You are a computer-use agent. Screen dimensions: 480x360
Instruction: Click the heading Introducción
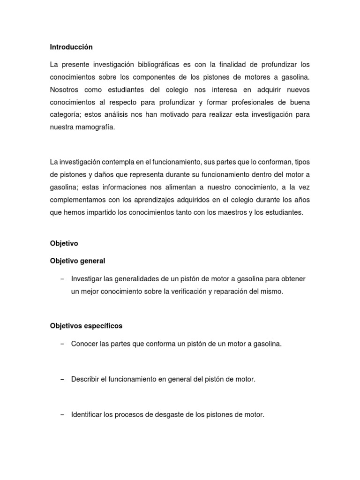tap(71, 47)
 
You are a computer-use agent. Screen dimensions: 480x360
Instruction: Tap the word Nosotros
tap(65, 89)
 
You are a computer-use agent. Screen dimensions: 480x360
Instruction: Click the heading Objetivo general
tap(78, 261)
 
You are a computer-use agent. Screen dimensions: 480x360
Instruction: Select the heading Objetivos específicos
tap(86, 325)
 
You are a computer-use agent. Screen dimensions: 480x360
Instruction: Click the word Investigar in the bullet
tap(87, 279)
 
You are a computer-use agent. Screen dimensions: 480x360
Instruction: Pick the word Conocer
tap(84, 344)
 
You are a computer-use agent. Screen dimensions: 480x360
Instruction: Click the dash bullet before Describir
tap(62, 379)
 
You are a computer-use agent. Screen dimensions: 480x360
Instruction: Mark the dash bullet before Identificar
tap(62, 415)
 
